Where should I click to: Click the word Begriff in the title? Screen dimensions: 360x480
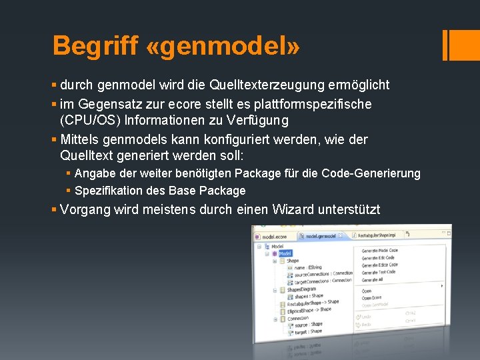point(94,47)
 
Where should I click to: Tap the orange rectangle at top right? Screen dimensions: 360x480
point(461,45)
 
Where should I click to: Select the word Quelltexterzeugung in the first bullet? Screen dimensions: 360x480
point(262,85)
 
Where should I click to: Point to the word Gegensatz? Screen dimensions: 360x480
point(107,105)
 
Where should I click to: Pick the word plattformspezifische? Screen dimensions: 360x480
point(315,105)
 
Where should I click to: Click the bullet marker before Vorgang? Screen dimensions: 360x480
point(54,209)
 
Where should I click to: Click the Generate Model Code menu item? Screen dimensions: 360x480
point(380,250)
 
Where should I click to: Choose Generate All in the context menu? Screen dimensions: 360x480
point(372,279)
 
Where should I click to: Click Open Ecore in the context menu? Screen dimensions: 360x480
point(372,298)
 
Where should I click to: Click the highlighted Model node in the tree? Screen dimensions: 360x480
point(285,253)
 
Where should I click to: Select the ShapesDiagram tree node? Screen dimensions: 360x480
point(302,289)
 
